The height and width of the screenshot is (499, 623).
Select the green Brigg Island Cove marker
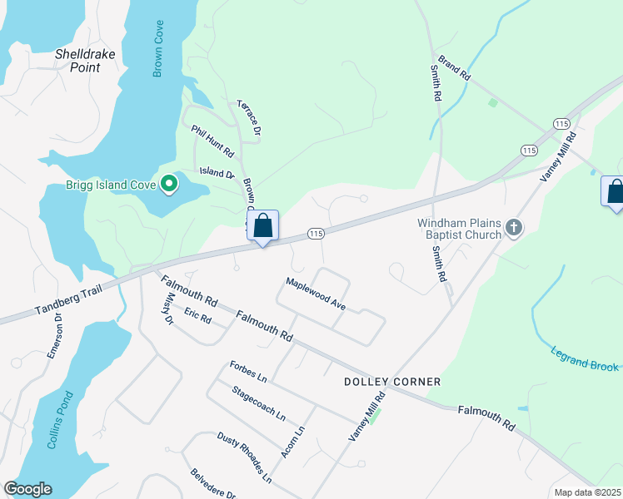(x=170, y=184)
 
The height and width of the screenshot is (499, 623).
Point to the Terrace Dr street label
(x=249, y=117)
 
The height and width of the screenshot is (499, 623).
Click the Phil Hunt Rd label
(x=212, y=142)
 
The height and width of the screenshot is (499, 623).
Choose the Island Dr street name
(x=217, y=173)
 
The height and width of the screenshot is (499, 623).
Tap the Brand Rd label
(x=455, y=68)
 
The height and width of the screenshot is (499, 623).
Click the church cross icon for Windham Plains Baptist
(x=515, y=227)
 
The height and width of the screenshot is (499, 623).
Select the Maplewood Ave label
(x=316, y=294)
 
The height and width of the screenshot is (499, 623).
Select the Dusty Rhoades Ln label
(x=244, y=457)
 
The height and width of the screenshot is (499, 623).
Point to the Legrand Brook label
(x=585, y=359)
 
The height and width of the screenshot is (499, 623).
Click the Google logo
(x=27, y=489)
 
